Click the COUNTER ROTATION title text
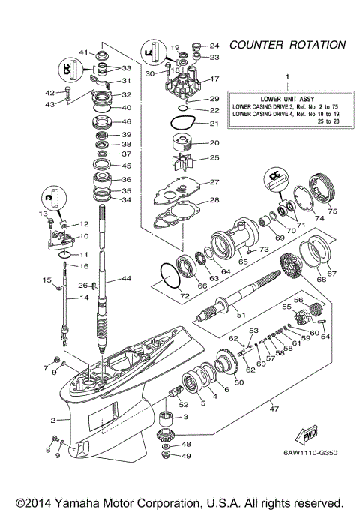(x=287, y=45)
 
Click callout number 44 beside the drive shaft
(x=127, y=278)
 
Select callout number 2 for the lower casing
(x=53, y=420)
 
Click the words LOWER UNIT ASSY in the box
(x=286, y=98)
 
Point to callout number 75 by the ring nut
(x=331, y=211)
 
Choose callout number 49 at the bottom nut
(x=187, y=456)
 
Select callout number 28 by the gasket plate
(x=214, y=200)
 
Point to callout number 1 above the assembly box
(x=286, y=77)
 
